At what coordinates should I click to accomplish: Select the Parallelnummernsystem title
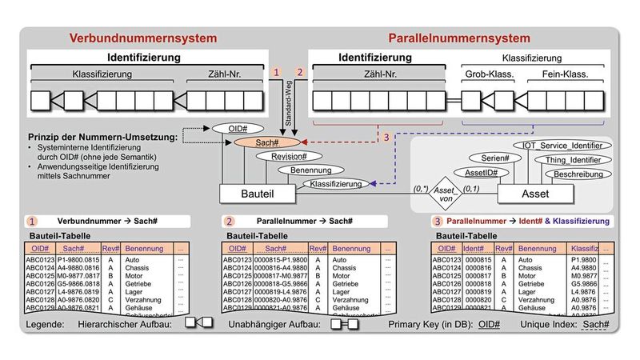pyautogui.click(x=458, y=38)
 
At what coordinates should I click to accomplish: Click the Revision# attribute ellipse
pyautogui.click(x=284, y=156)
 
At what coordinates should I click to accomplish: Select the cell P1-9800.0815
pyautogui.click(x=79, y=260)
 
